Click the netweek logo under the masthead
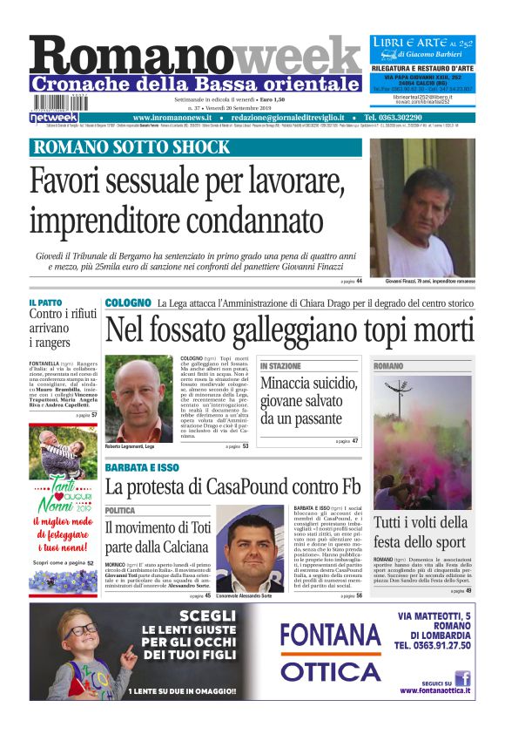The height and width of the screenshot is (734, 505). pyautogui.click(x=54, y=117)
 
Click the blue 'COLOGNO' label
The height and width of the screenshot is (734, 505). pyautogui.click(x=127, y=302)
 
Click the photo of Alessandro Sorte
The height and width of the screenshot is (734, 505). pyautogui.click(x=250, y=548)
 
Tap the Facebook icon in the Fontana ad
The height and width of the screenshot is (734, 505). pyautogui.click(x=462, y=677)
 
